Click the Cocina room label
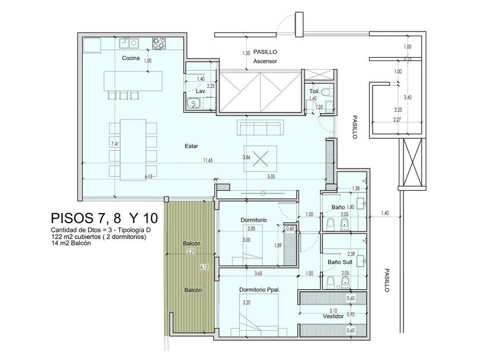click(131, 58)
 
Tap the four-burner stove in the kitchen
click(159, 43)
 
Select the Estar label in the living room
click(191, 146)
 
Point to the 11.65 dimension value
click(207, 160)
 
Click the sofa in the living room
click(260, 127)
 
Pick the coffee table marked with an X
click(260, 159)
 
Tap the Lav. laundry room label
click(201, 91)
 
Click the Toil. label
click(314, 91)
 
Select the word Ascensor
click(265, 61)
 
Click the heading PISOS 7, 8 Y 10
click(105, 218)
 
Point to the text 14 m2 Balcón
click(71, 243)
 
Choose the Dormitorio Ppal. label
click(260, 290)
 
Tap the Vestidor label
click(333, 316)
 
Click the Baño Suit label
click(340, 262)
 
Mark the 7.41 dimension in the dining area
click(115, 143)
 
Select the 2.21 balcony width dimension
click(191, 251)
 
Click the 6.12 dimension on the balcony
click(204, 267)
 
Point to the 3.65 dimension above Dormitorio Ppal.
click(258, 274)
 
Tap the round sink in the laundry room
click(193, 103)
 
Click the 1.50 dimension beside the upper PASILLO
click(246, 53)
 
